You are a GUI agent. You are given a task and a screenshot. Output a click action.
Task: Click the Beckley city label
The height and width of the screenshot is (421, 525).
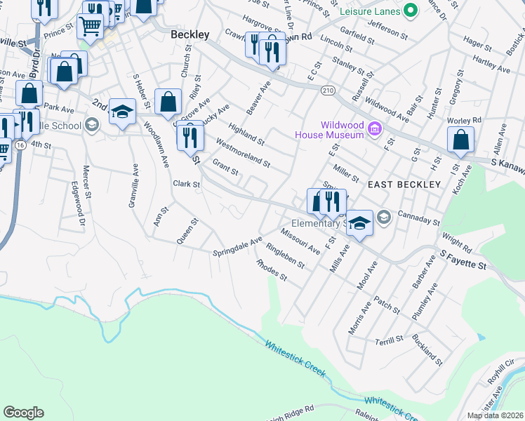pos(190,34)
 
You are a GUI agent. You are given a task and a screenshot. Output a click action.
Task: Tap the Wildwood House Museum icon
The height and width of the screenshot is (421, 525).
pos(375,129)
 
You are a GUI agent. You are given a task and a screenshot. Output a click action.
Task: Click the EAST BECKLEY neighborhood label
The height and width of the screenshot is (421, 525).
pos(404,185)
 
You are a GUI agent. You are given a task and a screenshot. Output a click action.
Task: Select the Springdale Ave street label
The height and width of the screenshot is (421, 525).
pos(237,245)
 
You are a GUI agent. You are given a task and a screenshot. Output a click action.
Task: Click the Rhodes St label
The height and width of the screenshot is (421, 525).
pos(272,270)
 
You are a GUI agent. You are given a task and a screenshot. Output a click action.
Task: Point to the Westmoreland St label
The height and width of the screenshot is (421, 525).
pos(243,152)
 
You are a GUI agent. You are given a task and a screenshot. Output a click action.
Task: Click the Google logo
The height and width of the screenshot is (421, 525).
pos(23,413)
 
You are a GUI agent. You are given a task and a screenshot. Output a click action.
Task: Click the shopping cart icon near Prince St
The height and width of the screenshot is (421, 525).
pos(90,27)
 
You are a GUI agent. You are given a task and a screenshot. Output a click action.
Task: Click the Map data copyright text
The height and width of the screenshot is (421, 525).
pos(494,415)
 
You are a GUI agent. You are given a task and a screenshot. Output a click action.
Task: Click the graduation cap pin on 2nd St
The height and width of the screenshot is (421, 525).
pos(122,112)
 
